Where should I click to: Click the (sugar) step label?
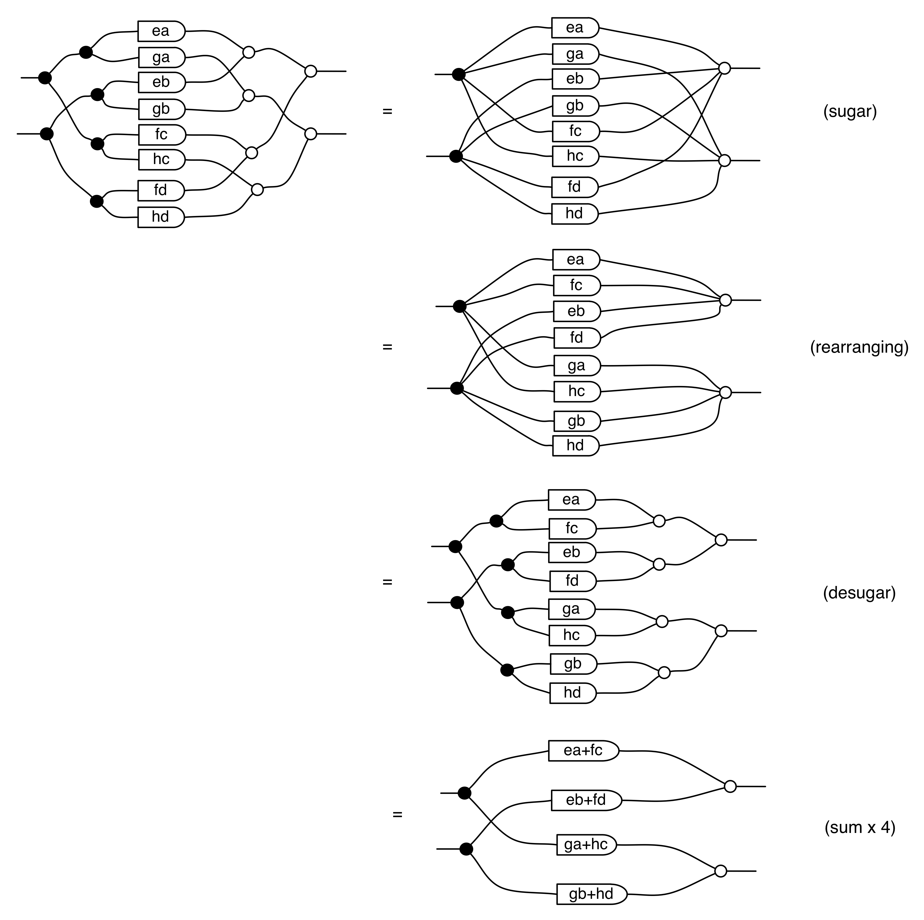tap(850, 111)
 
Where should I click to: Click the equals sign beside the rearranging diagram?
tap(387, 347)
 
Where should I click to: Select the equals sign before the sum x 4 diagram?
tap(397, 814)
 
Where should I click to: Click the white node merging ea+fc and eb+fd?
tap(730, 786)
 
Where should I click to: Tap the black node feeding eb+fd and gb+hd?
tap(466, 849)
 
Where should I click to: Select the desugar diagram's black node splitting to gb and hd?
tap(507, 670)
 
